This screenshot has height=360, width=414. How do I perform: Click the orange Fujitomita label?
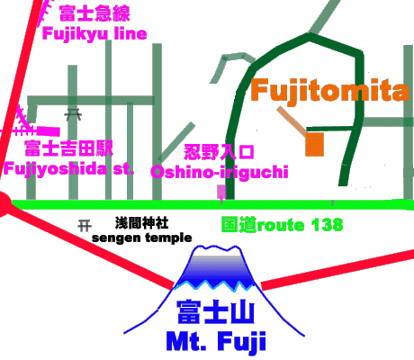tap(329, 91)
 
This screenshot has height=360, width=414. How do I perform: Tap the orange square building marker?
tap(314, 145)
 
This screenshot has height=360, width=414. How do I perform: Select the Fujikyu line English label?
tap(94, 33)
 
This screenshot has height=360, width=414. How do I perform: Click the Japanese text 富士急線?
tap(94, 13)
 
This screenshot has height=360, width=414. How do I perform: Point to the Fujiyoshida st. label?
tap(68, 169)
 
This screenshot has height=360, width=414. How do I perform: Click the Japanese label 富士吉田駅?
tap(68, 148)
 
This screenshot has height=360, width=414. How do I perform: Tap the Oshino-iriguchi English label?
tap(220, 172)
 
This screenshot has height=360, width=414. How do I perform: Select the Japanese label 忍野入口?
tap(219, 152)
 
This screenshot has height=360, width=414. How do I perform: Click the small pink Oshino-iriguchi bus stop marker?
tap(221, 192)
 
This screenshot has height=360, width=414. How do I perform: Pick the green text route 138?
tap(300, 225)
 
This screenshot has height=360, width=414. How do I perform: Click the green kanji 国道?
tap(239, 225)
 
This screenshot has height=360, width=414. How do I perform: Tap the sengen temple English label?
tap(142, 238)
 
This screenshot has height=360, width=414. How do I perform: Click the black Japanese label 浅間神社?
tap(142, 223)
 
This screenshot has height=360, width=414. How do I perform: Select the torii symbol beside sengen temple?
tap(85, 225)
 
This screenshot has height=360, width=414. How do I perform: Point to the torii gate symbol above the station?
tap(73, 114)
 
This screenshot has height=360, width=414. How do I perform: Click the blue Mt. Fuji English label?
tap(216, 341)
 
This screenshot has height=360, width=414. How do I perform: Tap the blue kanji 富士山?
tap(216, 312)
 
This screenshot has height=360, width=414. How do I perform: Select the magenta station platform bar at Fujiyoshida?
tap(49, 131)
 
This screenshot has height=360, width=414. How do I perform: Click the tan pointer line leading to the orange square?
tap(292, 121)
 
